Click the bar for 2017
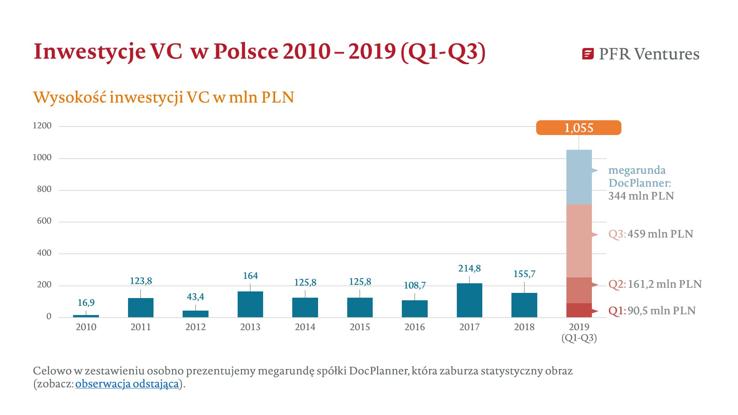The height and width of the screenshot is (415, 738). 469,300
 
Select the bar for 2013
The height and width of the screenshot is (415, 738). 250,304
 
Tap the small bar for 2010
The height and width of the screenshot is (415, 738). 86,316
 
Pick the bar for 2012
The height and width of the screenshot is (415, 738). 196,314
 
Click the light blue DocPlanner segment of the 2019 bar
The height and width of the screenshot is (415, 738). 579,177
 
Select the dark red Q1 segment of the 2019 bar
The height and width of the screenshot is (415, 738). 579,310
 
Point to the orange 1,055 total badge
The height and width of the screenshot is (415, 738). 578,128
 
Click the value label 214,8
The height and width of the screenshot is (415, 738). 469,268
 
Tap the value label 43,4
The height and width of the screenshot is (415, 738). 196,297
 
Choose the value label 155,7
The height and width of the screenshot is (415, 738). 524,274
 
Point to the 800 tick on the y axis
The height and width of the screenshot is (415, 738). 44,189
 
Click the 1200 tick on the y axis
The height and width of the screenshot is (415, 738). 42,125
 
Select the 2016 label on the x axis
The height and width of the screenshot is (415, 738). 414,327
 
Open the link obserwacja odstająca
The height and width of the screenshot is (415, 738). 127,384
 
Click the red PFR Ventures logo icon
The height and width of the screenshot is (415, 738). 588,54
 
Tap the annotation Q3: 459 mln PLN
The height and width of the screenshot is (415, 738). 651,234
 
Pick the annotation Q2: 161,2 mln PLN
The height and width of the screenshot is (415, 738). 655,284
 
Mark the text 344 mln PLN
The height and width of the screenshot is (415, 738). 641,196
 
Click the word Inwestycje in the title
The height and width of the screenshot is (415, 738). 89,51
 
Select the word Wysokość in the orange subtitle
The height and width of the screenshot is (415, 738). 70,97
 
